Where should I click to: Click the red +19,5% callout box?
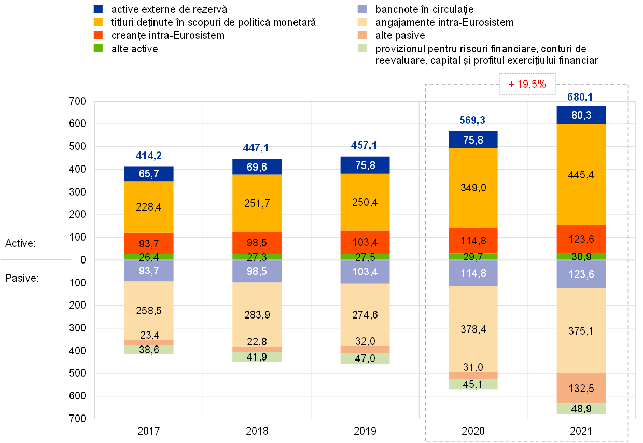[x=527, y=84]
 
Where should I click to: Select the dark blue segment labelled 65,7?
[x=149, y=174]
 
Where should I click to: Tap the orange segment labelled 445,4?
[x=581, y=174]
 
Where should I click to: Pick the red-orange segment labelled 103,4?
[x=365, y=242]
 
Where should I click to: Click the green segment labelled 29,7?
[x=473, y=256]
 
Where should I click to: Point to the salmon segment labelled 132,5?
[x=581, y=389]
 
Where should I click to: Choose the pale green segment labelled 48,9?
[x=581, y=409]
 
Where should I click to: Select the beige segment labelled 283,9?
[x=257, y=315]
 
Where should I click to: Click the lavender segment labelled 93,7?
[x=149, y=271]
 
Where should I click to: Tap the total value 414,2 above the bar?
[x=149, y=155]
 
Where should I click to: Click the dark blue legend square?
[x=98, y=9]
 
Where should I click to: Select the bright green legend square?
[x=98, y=48]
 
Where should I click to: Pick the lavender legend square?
[x=362, y=9]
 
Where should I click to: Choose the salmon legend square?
[x=362, y=35]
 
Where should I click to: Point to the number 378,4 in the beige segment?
[x=473, y=329]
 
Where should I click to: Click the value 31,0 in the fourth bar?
[x=473, y=367]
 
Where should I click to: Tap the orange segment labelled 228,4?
[x=149, y=207]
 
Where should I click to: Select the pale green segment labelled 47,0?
[x=365, y=358]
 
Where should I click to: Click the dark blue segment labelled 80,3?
[x=581, y=115]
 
